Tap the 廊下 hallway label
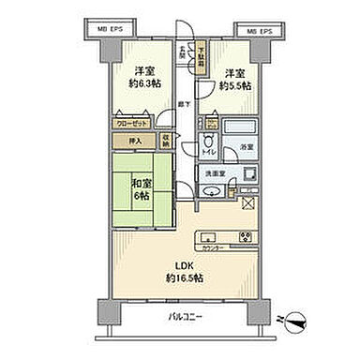coord(186,109)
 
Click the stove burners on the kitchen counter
coord(246,235)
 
